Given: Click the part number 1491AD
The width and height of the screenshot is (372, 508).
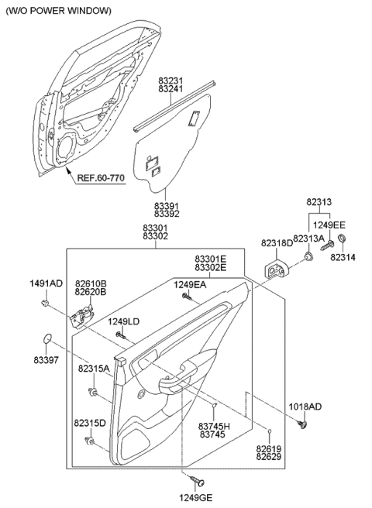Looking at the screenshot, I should point(46,283).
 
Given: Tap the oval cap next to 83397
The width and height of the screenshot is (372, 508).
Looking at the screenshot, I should point(48,338).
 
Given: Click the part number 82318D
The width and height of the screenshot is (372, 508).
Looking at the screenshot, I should point(277,242).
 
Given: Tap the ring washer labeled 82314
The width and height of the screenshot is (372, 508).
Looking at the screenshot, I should point(343,238).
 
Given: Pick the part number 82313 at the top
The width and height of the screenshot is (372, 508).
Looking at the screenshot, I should point(319,201).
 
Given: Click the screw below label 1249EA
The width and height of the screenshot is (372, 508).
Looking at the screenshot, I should point(187,295).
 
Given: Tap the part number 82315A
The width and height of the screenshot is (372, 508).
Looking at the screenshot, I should point(93,369).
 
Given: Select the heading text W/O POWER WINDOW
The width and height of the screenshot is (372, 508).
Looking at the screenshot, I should point(58,11).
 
